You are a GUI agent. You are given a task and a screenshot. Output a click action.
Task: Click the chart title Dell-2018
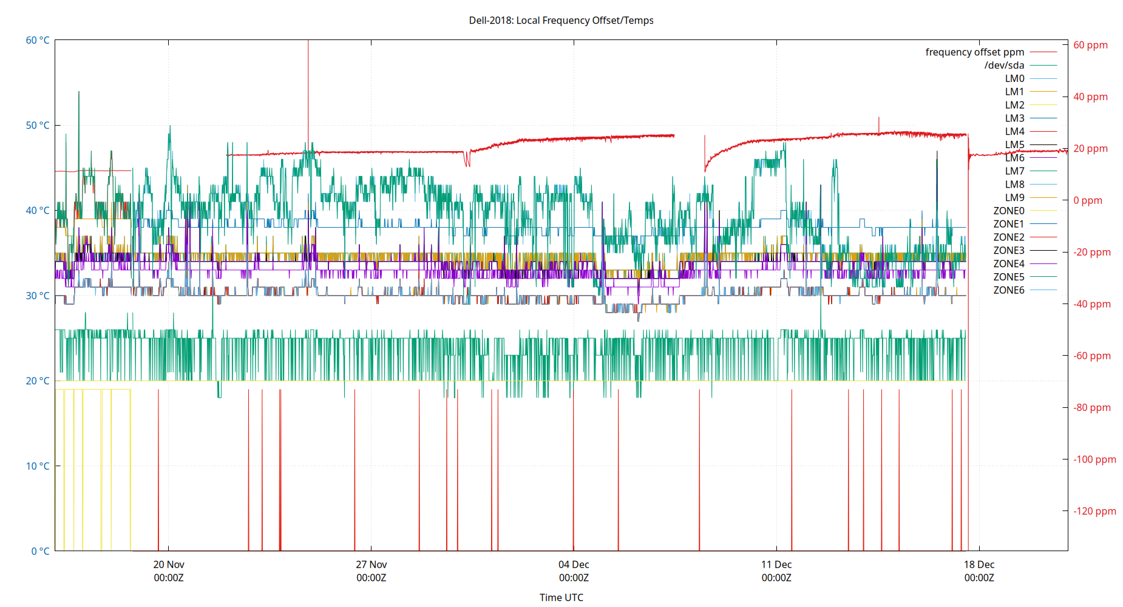561,20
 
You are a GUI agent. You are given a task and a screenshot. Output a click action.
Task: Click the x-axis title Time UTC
561,597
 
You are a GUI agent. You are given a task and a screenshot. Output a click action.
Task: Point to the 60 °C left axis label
38,40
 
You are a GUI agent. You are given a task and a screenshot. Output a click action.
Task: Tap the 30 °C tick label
38,296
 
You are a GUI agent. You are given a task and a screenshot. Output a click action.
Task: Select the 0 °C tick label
40,551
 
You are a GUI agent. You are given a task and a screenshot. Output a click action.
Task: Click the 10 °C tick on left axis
38,466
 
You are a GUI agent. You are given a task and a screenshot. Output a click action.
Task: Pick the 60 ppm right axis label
1090,45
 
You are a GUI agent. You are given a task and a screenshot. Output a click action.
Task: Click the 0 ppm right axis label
1088,200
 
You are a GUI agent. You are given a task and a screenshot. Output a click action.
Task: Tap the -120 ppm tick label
1094,511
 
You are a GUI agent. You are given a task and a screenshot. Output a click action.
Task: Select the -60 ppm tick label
1092,356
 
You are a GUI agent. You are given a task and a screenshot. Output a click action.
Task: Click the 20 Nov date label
169,565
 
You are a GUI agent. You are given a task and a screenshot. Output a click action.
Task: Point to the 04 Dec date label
574,565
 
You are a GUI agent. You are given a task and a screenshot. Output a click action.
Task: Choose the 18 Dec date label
979,565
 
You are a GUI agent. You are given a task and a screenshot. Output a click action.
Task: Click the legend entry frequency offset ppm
974,52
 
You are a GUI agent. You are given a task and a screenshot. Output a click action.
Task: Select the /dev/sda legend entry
1004,66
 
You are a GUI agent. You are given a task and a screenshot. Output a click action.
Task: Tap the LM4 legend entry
1014,131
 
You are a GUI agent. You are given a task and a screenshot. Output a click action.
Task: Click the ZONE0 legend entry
1008,211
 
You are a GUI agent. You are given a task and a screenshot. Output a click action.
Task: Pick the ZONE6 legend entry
1008,290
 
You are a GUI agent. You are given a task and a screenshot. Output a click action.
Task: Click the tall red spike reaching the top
308,91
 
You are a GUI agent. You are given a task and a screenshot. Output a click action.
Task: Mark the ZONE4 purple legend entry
1008,263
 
